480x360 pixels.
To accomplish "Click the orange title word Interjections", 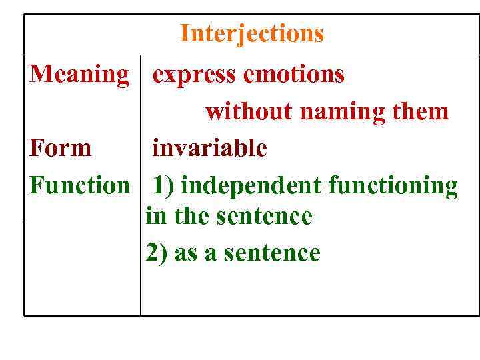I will (251, 33).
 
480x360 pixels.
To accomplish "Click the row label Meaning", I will (79, 74).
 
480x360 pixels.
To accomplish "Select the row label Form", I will (61, 147).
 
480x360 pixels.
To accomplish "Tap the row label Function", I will (79, 185).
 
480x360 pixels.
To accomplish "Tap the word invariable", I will (209, 147).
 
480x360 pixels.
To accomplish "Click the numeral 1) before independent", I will (164, 185).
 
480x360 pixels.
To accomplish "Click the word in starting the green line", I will (154, 216).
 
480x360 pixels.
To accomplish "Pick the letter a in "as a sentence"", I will (211, 254).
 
